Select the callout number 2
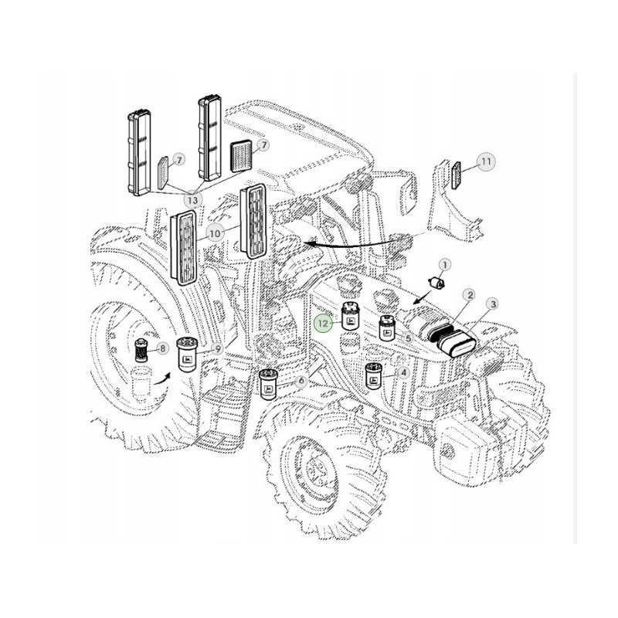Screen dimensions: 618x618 pos(468,295)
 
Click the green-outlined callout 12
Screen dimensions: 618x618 pos(324,323)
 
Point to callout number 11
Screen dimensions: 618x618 pos(486,161)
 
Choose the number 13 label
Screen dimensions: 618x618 pos(192,200)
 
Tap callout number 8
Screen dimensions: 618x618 pos(162,348)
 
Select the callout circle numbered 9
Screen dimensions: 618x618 pos(219,349)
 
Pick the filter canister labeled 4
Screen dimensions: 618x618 pos(375,377)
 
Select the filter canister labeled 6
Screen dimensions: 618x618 pos(269,384)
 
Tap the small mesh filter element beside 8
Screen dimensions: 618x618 pos(141,350)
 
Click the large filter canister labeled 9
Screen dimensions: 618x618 pos(189,355)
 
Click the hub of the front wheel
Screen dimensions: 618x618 pos(317,468)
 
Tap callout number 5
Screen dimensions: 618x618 pos(406,338)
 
